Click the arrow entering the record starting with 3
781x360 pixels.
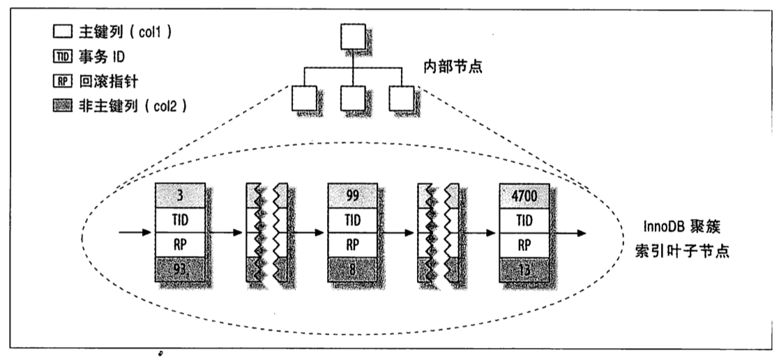(x=136, y=233)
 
